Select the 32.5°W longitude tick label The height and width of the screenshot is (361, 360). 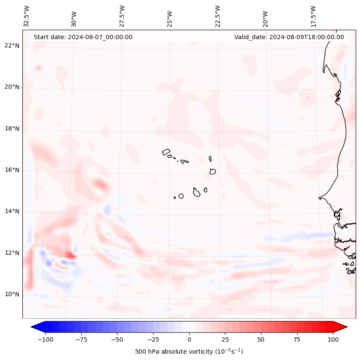point(27,16)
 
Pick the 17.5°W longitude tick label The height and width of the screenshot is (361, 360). point(313,16)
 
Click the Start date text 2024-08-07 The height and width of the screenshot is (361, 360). point(83,37)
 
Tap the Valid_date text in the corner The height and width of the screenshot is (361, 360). point(289,37)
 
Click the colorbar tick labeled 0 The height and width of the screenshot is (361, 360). point(189,339)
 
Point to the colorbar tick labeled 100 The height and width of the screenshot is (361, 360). point(333,339)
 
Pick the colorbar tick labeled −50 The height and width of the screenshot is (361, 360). point(117,339)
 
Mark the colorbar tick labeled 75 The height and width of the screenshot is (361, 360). point(297,339)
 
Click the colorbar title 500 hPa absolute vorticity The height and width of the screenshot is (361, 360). point(189,352)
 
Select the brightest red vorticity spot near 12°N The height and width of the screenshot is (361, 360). point(70,256)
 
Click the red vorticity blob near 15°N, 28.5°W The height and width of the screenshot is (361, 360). point(102,185)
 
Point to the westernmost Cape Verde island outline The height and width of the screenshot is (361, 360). point(166,152)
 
